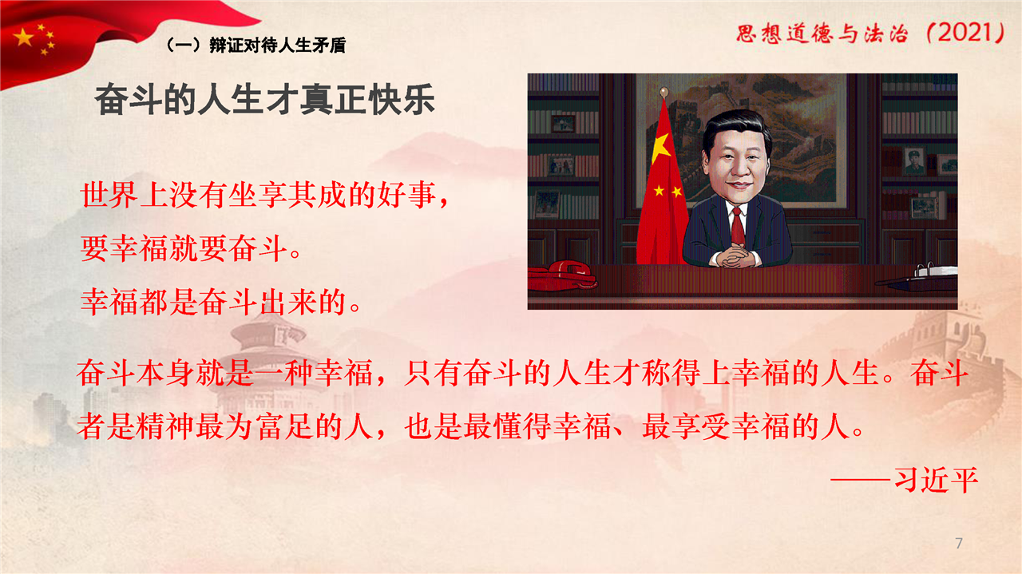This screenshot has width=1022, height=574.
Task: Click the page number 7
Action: point(959,543)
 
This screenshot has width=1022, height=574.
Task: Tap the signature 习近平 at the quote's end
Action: point(937,481)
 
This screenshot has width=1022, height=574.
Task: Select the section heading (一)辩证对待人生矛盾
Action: point(256,46)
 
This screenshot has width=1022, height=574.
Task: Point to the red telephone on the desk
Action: point(561,275)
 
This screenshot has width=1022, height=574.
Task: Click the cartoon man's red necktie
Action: point(737,226)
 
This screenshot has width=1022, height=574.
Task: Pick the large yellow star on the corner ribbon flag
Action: point(23,38)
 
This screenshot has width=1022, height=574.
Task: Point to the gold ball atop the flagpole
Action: point(664,93)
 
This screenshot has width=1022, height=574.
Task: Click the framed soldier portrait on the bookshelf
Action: point(914,160)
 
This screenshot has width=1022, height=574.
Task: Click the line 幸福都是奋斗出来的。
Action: point(221,302)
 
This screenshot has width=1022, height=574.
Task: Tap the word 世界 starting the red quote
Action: point(109,195)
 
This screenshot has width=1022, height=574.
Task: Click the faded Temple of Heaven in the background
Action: point(269,361)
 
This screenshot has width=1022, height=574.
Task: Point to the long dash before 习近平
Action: point(861,481)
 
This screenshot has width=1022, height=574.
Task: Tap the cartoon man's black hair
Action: point(736,129)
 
